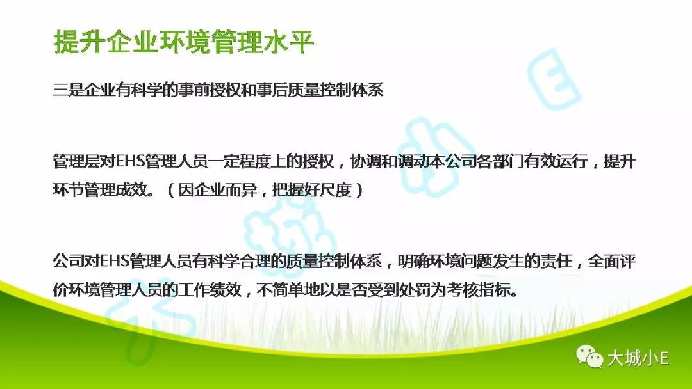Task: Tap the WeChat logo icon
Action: coord(589,356)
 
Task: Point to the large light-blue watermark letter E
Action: coord(554,79)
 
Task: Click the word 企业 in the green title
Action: coord(132,42)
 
